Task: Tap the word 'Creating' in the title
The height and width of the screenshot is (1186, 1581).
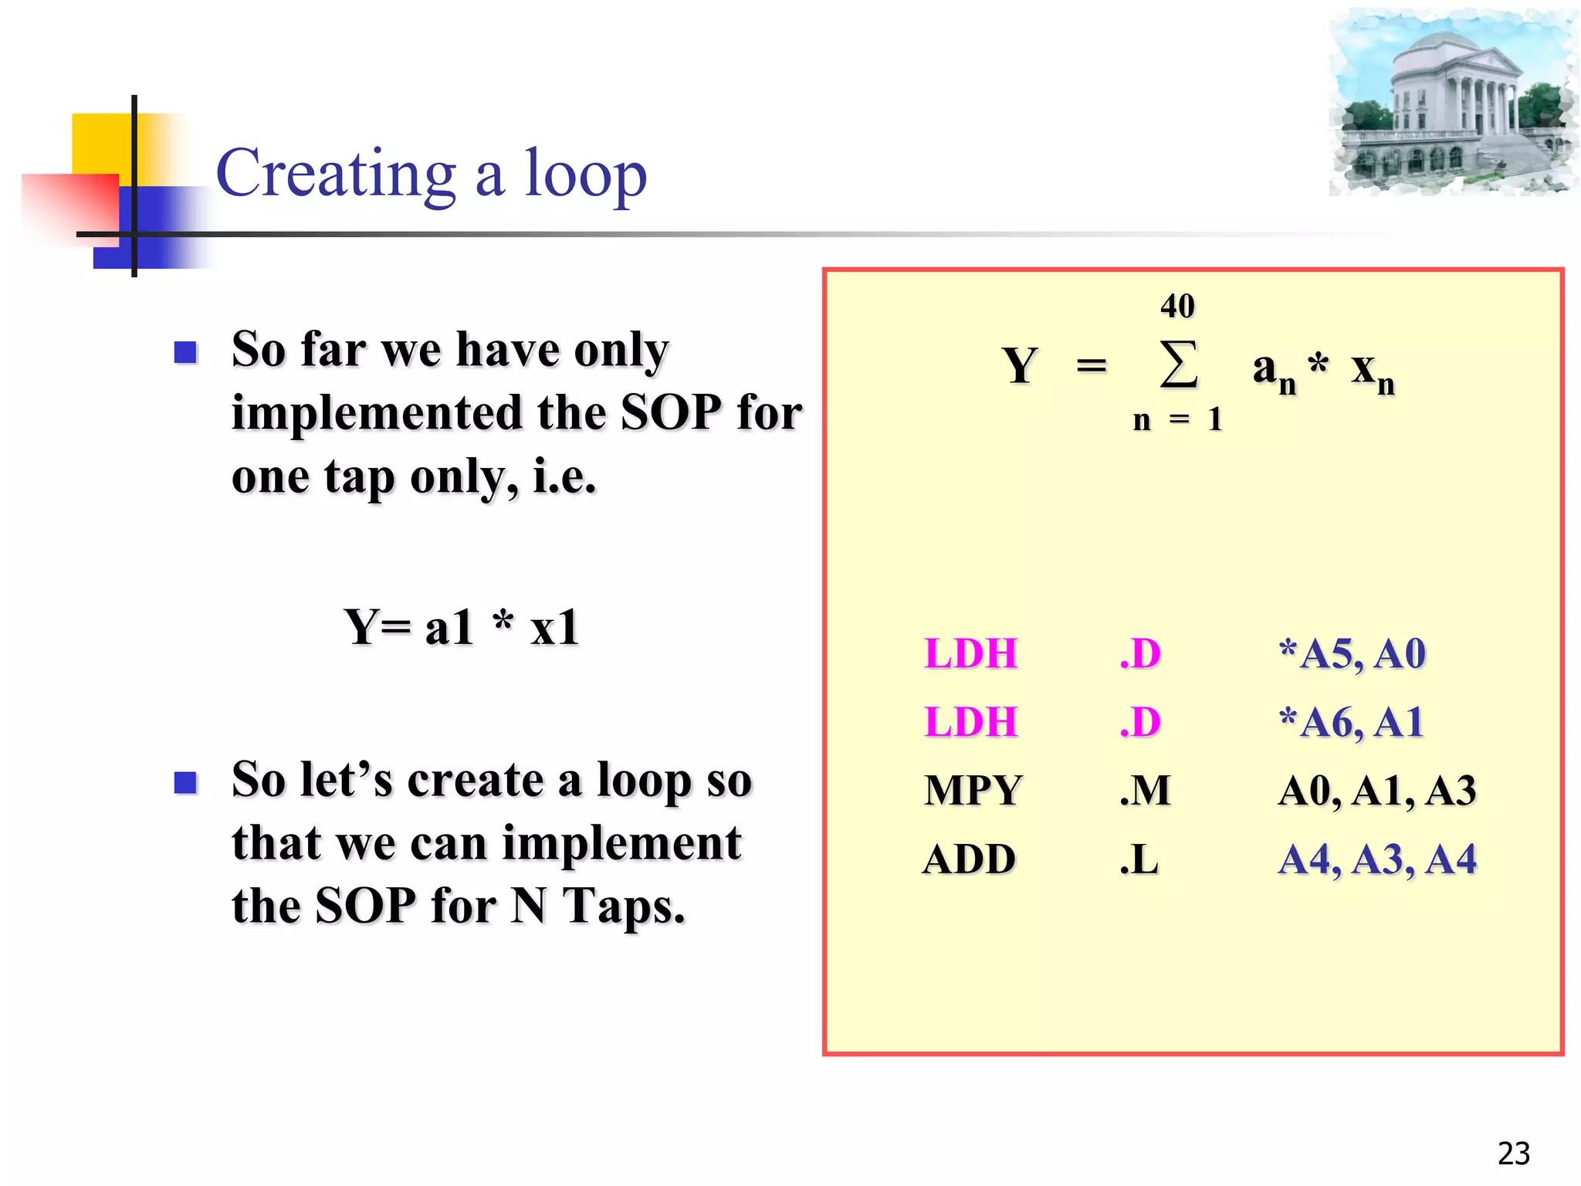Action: (337, 175)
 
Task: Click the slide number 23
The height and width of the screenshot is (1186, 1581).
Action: (1513, 1154)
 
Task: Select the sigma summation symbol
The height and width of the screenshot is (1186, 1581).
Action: (1179, 364)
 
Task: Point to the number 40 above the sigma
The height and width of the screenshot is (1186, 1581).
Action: (1177, 306)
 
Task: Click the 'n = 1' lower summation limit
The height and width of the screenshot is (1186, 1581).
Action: (1177, 420)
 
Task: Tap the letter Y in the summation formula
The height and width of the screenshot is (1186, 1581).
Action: (1020, 365)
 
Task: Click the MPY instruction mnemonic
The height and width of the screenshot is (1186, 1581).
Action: (973, 791)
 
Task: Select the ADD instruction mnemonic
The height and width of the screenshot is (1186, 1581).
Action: (970, 859)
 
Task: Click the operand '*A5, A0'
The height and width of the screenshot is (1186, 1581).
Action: (1351, 654)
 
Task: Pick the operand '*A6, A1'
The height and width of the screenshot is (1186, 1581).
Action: (1351, 723)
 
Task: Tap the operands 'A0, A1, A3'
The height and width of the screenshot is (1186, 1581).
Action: (1376, 791)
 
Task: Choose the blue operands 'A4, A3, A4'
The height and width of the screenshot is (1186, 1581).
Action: (1376, 859)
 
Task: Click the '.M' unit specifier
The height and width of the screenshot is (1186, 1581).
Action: (1145, 791)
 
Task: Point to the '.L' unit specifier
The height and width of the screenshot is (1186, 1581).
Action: (1139, 859)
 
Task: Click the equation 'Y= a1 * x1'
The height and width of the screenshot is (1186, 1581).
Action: (461, 627)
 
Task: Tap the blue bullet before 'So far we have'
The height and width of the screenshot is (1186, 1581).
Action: (186, 353)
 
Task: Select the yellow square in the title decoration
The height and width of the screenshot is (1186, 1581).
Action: (100, 143)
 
